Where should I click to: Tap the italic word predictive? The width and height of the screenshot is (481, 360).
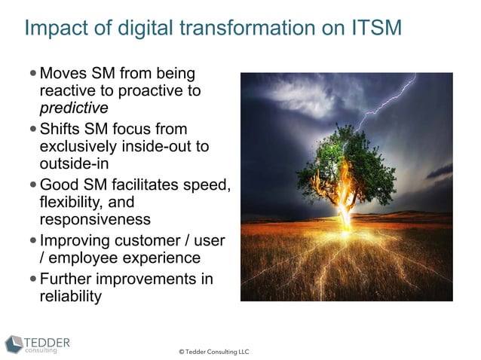click(73, 108)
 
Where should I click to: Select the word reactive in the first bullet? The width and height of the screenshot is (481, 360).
click(66, 91)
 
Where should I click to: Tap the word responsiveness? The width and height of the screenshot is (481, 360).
click(95, 219)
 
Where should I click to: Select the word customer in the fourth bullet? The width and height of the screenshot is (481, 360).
click(149, 241)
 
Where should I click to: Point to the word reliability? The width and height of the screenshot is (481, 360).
click(70, 296)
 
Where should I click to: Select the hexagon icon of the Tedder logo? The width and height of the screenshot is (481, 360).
click(14, 345)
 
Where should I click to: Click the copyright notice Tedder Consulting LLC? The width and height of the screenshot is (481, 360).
click(213, 352)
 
